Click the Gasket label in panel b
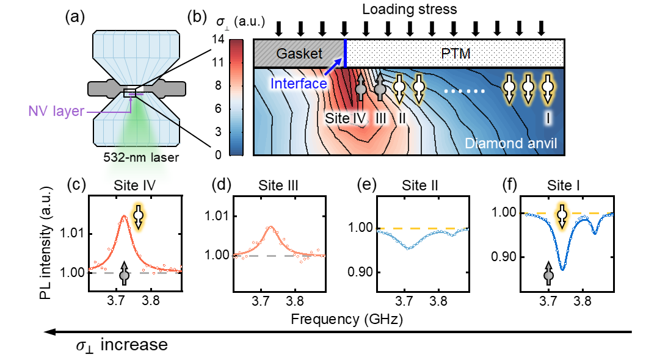299,53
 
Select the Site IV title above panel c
134,185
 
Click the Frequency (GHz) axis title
347,319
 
